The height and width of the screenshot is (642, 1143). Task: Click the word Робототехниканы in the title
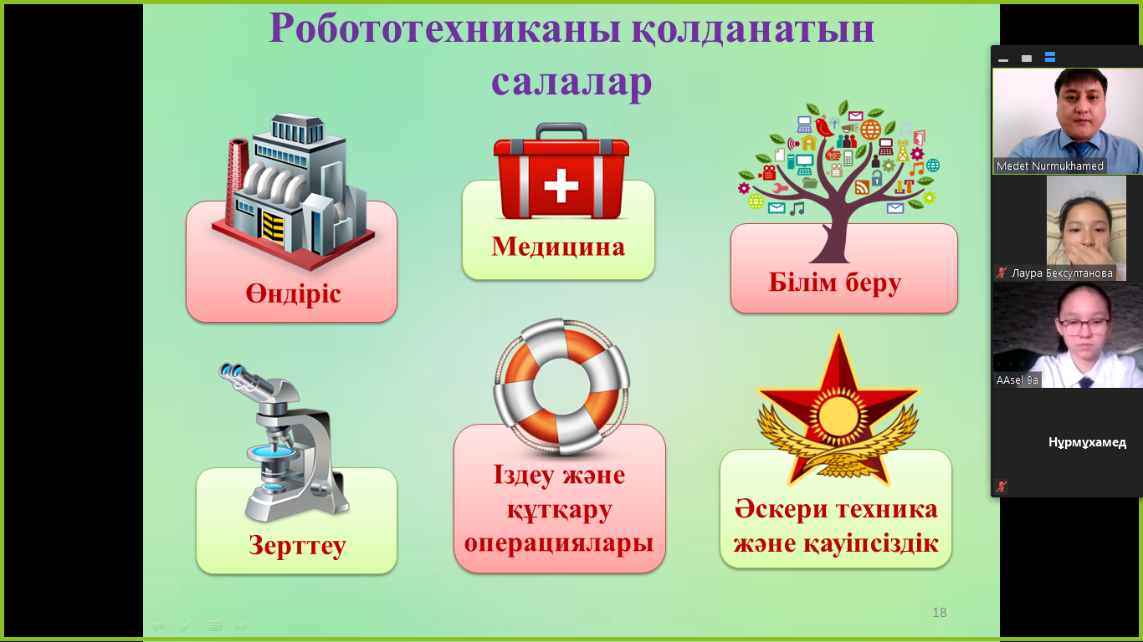tap(445, 28)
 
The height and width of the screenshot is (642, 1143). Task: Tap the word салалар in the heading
tap(571, 82)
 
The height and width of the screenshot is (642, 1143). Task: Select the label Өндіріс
tap(293, 294)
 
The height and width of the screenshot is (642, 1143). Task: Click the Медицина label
tap(558, 247)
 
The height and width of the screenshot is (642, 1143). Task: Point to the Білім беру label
tap(835, 283)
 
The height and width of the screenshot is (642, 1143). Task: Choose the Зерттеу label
tap(298, 546)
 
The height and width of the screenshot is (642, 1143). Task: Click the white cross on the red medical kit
tap(561, 186)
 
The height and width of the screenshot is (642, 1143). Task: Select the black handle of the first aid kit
tap(561, 130)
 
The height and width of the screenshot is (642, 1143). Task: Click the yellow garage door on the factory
tap(273, 227)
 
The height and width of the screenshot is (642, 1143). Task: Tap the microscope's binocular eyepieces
tap(236, 374)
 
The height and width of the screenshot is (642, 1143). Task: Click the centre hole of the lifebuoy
tap(561, 387)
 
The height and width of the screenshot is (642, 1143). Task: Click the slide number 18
tap(940, 613)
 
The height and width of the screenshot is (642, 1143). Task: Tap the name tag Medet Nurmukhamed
tap(1049, 166)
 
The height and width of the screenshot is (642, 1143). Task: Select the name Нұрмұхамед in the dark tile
tap(1088, 442)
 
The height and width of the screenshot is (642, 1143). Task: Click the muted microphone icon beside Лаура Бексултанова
tap(1002, 273)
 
